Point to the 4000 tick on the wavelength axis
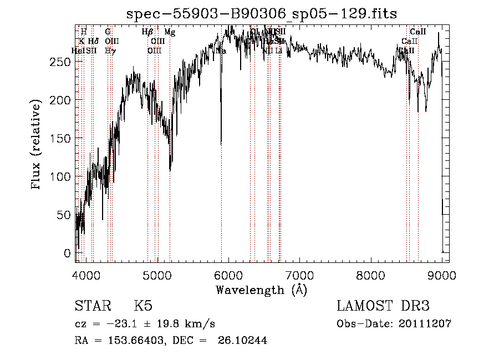coord(85,276)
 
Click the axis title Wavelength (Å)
coord(261,290)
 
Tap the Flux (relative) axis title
coord(37,145)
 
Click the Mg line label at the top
coord(170,32)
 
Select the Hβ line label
coord(147,32)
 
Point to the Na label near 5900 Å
coord(221,50)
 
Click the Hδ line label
coord(93,41)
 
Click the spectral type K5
coord(143,307)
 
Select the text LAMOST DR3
coord(383,307)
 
